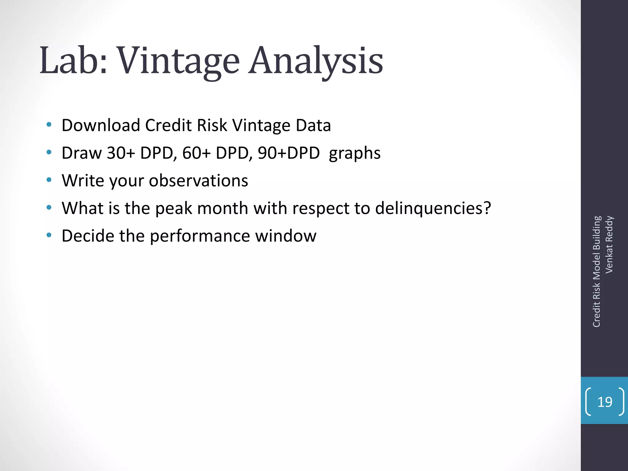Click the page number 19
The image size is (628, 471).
point(605,402)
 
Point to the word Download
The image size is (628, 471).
point(101,125)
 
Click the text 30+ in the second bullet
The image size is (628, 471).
point(121,153)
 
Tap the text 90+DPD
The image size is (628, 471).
point(289,153)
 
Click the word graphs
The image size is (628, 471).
point(354,153)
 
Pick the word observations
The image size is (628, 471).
point(198,180)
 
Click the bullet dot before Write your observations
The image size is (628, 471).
point(49,180)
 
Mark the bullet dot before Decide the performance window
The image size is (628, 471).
point(49,235)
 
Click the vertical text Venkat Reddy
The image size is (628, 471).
point(609,244)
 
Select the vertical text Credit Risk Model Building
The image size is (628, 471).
point(596,271)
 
